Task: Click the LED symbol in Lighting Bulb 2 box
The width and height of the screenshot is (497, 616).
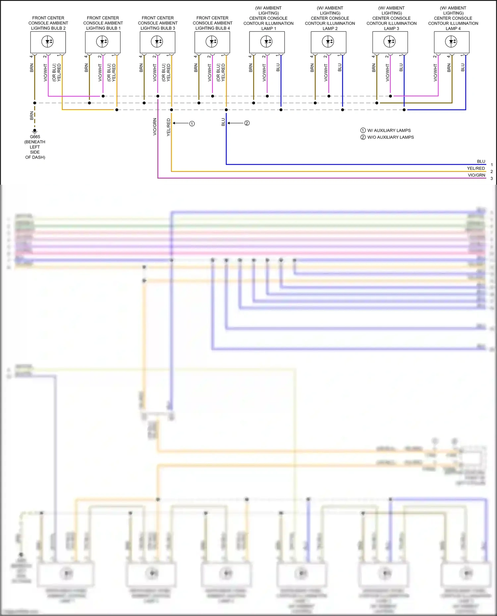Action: [x=48, y=42]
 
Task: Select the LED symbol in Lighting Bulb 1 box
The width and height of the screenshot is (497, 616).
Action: [x=102, y=42]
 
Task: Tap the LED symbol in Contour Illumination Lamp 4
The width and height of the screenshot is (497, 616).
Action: [x=451, y=42]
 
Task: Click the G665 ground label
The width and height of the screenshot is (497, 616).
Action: [x=35, y=137]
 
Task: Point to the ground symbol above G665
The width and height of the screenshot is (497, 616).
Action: [x=34, y=131]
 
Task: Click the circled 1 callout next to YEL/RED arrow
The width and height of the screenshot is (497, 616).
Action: [x=192, y=124]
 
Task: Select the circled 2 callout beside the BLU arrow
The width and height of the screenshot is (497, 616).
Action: [x=247, y=123]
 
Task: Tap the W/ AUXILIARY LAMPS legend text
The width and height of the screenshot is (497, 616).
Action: [x=389, y=130]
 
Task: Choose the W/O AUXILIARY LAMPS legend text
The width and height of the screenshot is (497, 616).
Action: [x=390, y=137]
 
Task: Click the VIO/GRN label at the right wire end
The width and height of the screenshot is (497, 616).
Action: [x=476, y=175]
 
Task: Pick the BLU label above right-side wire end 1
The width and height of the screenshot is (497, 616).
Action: [x=481, y=162]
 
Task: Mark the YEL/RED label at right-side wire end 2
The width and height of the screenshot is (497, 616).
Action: [x=476, y=168]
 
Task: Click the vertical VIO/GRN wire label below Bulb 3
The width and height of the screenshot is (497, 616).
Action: [x=155, y=127]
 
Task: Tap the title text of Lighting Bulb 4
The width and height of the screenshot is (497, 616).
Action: [x=212, y=23]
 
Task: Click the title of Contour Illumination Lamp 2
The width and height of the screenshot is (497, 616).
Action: [x=330, y=18]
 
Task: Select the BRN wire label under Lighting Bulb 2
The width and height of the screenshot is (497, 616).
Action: [x=32, y=68]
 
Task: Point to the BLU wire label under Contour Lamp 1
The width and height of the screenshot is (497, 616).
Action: [x=278, y=68]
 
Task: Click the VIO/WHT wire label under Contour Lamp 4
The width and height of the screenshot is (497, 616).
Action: [x=435, y=73]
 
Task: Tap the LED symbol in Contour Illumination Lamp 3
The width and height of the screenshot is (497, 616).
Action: [x=390, y=42]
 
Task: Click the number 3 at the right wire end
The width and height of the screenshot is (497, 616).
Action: [x=492, y=178]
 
